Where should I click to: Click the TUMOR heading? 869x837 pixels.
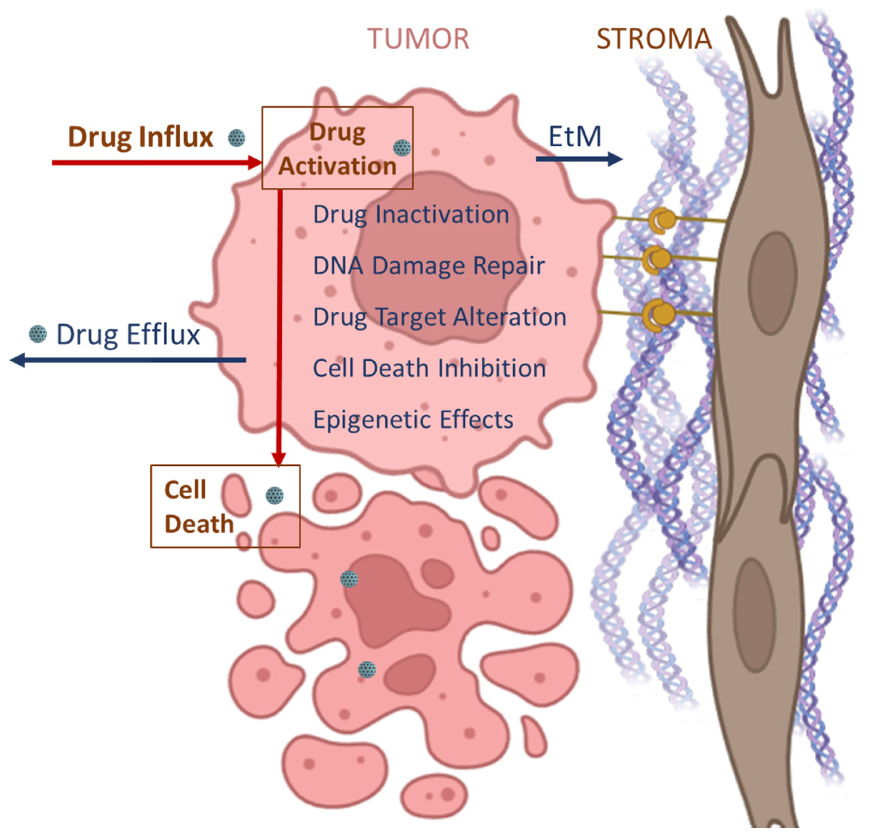pos(418,39)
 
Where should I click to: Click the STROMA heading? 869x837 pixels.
pos(654,39)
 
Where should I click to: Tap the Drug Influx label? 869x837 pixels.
pos(140,137)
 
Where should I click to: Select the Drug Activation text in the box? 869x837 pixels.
pos(338,149)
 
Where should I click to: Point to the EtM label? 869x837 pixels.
pos(575,137)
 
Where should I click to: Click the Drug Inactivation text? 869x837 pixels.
pos(411,215)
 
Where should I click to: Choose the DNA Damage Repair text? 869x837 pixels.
pos(429,266)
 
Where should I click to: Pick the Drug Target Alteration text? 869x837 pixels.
pos(439,317)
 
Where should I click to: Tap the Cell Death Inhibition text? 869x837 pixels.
pos(429,369)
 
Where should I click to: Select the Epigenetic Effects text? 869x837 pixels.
pos(413,419)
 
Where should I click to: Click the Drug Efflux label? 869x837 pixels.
pos(128,335)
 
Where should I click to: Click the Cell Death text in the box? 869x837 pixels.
pos(199,507)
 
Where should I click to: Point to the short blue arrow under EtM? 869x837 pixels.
pos(579,159)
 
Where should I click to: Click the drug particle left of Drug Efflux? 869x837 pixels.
pos(38,333)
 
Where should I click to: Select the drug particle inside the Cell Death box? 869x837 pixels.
pos(274,496)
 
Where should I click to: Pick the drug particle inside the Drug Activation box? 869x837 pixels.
pos(402,148)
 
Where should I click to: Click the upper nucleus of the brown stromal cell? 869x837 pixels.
pos(773,280)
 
